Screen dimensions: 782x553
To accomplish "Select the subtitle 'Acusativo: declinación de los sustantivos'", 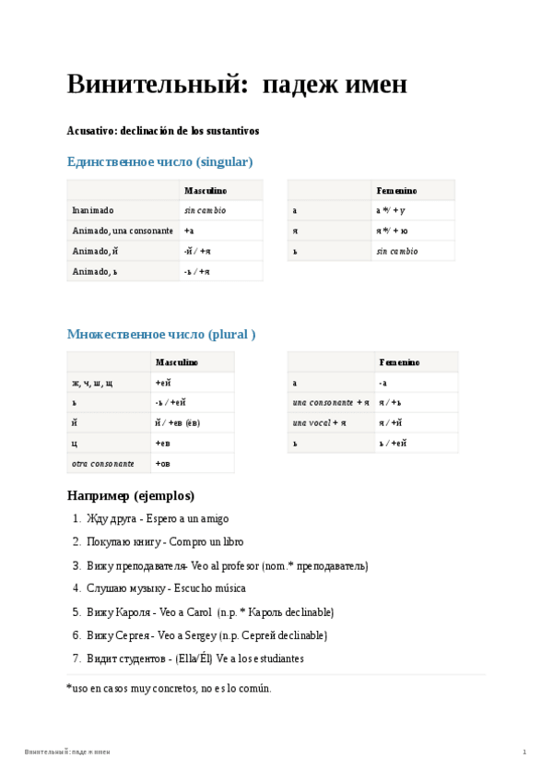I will pyautogui.click(x=163, y=131).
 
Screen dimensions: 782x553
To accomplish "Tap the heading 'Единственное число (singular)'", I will pyautogui.click(x=159, y=161).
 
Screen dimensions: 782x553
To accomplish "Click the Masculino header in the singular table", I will pyautogui.click(x=205, y=190).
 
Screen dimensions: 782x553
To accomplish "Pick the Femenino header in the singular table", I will pyautogui.click(x=396, y=190).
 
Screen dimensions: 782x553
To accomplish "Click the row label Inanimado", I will pyautogui.click(x=93, y=210).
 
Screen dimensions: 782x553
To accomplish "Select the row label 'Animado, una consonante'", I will pyautogui.click(x=123, y=231).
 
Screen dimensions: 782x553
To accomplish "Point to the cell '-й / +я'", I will pyautogui.click(x=197, y=251).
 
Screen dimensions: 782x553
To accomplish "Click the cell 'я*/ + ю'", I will pyautogui.click(x=392, y=231).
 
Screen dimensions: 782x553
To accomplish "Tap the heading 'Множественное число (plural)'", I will pyautogui.click(x=161, y=334).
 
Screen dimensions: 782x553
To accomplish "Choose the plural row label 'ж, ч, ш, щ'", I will pyautogui.click(x=92, y=382).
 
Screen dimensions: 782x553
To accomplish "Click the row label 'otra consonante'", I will pyautogui.click(x=103, y=463).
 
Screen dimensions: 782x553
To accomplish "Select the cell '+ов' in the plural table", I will pyautogui.click(x=163, y=463).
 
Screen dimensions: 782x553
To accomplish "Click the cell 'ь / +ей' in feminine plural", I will pyautogui.click(x=393, y=443).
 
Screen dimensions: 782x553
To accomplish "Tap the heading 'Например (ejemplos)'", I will pyautogui.click(x=131, y=495).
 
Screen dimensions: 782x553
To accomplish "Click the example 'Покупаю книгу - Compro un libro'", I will pyautogui.click(x=165, y=542).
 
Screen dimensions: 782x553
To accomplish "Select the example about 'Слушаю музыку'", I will pyautogui.click(x=166, y=588).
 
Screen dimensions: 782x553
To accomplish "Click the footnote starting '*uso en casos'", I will pyautogui.click(x=169, y=688).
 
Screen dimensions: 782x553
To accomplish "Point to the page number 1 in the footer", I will pyautogui.click(x=524, y=752).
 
